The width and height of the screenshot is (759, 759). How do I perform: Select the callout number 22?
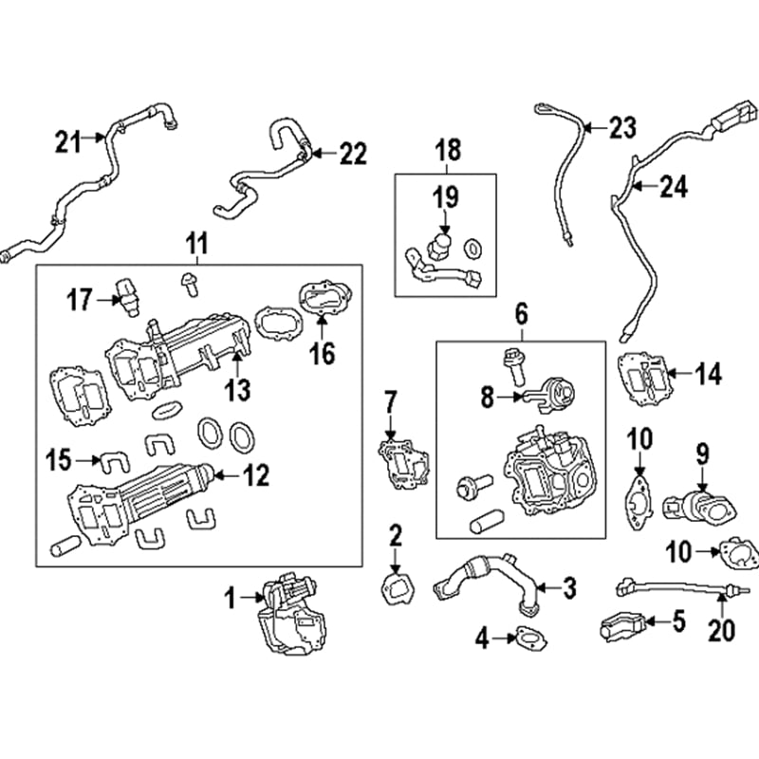352,154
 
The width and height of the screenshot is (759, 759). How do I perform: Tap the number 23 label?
622,128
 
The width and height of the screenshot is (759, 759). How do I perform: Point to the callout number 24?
673,188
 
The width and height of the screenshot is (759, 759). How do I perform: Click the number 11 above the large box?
196,245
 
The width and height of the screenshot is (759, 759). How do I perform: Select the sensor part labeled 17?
125,297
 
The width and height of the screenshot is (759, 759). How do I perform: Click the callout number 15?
59,462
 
